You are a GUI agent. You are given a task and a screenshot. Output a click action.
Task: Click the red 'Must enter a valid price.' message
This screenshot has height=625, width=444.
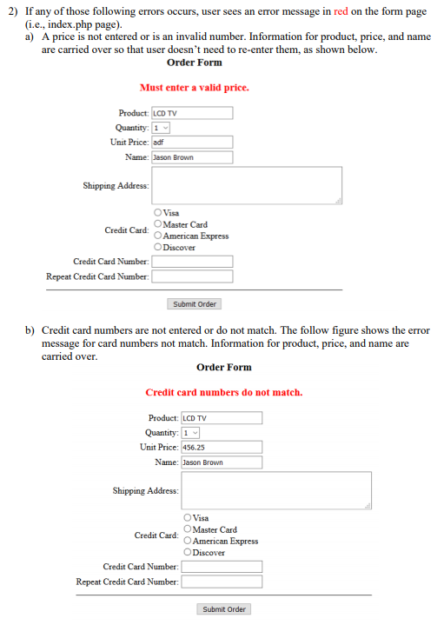(x=194, y=88)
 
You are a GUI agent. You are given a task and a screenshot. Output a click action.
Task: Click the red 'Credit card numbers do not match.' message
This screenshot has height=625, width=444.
(x=223, y=393)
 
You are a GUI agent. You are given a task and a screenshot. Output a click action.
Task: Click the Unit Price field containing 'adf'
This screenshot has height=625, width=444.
(x=192, y=142)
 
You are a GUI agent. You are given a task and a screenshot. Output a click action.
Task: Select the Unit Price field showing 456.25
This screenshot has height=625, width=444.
(x=222, y=447)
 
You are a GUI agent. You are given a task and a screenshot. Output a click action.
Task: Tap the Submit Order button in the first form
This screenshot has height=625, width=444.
(x=195, y=304)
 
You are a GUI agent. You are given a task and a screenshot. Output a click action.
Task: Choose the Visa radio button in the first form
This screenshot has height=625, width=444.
(x=157, y=213)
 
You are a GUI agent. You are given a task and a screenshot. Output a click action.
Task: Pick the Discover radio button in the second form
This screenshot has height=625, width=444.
(x=187, y=552)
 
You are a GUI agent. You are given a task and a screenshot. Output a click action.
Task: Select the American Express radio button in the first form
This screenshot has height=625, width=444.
(x=157, y=236)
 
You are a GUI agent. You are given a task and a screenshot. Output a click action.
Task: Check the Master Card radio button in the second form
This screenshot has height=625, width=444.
(x=187, y=529)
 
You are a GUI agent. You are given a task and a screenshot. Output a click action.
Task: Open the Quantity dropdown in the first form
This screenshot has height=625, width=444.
(x=161, y=128)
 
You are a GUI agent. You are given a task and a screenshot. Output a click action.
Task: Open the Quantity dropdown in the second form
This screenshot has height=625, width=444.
(x=190, y=433)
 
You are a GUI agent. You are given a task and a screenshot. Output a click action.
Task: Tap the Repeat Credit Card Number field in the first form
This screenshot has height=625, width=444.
(x=192, y=276)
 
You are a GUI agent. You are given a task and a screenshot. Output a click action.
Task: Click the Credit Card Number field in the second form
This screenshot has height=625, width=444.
(x=222, y=567)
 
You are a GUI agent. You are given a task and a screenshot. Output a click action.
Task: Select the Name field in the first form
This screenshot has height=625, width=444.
(x=192, y=157)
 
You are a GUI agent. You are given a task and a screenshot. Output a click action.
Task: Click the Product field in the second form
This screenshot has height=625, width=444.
(x=222, y=418)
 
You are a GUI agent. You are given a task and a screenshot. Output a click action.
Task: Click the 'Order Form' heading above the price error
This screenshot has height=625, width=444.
(x=194, y=63)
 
